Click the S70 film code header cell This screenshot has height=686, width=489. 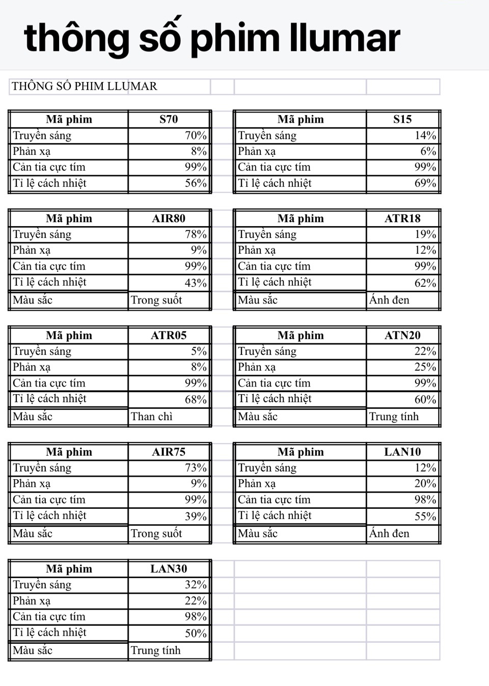point(169,120)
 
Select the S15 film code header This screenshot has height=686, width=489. point(402,120)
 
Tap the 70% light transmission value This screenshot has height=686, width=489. point(196,135)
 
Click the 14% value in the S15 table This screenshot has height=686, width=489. point(425,135)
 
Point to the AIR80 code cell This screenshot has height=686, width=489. point(169,218)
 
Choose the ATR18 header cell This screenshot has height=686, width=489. point(402,218)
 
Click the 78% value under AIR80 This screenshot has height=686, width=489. point(196,234)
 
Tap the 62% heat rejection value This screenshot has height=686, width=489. point(425,283)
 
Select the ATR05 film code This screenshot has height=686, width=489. point(169,336)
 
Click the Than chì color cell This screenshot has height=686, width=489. point(152,417)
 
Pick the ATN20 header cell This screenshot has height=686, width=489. point(402,336)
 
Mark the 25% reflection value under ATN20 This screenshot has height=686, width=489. point(425,367)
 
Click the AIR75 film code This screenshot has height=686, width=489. point(169,452)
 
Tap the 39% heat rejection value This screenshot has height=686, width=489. point(196,516)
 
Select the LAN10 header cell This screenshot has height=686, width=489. point(402,452)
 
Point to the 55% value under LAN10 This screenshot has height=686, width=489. point(425,516)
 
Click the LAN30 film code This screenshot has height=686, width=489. point(169,569)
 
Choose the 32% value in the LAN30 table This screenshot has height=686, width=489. point(196,585)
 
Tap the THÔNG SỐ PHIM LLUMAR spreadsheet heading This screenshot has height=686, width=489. point(85,86)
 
